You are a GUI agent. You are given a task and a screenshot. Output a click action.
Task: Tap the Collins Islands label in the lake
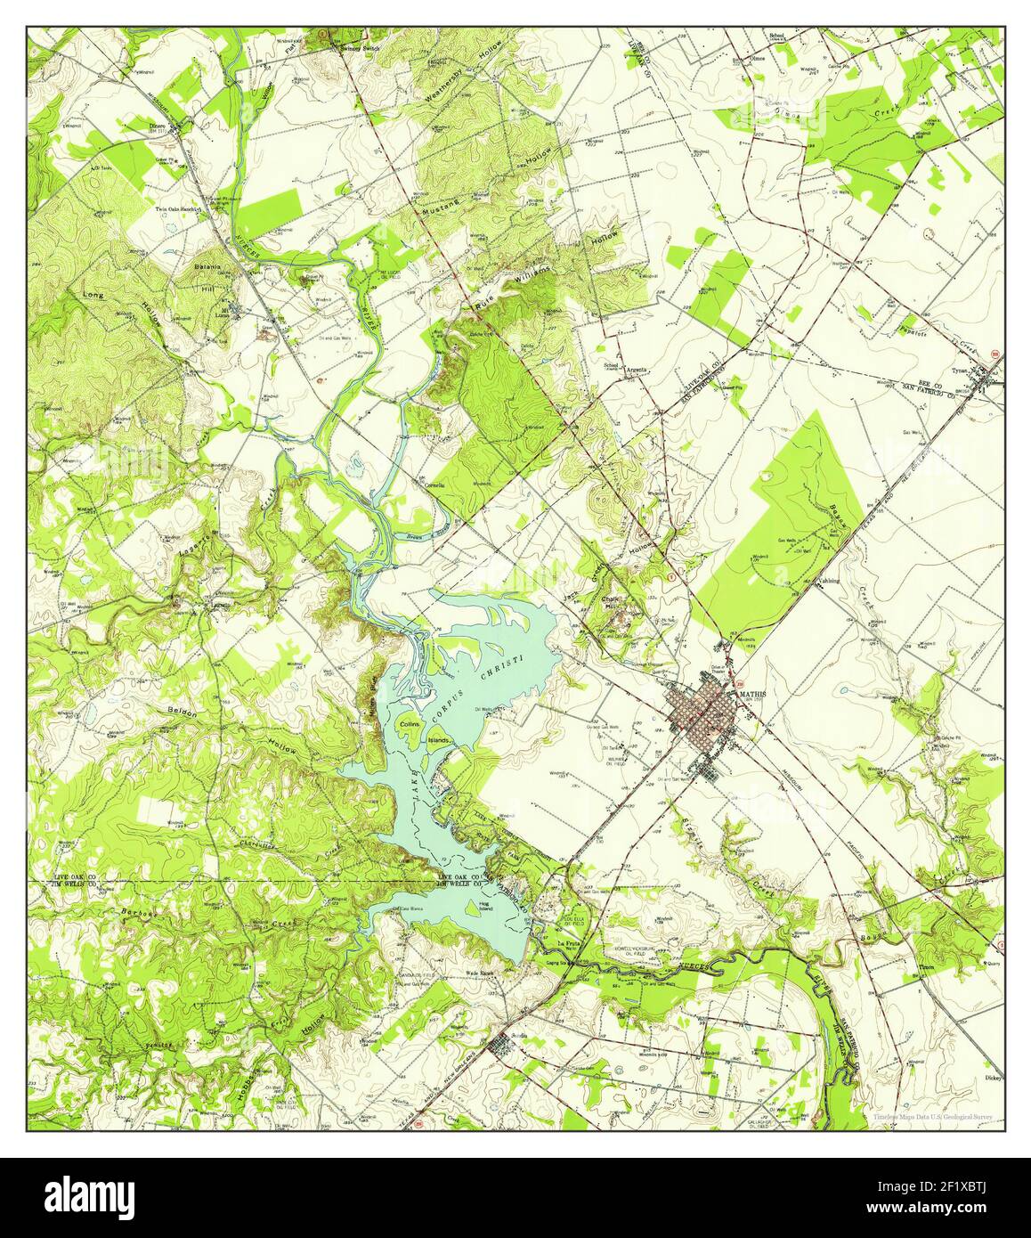(424, 732)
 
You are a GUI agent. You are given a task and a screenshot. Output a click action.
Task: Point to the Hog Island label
(485, 909)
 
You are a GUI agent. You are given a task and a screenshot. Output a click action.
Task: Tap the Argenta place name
(636, 369)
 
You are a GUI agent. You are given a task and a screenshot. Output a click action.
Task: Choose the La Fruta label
(567, 943)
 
